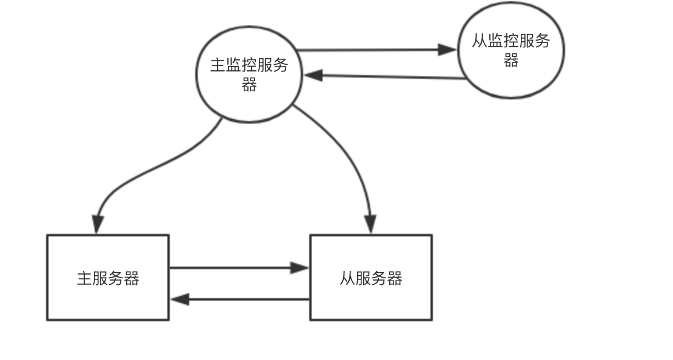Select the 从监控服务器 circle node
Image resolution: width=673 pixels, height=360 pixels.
click(511, 50)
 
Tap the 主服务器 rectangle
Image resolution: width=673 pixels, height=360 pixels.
click(108, 278)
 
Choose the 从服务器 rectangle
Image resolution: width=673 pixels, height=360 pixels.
click(371, 278)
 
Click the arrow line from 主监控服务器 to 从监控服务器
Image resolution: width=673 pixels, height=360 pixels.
click(370, 50)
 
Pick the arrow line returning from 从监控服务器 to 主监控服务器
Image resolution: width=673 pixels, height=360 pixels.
click(388, 77)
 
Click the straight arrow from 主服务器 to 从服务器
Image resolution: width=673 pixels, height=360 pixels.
click(236, 267)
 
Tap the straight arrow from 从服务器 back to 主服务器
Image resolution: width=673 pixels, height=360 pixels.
click(243, 299)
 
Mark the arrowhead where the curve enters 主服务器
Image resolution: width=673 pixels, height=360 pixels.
click(97, 224)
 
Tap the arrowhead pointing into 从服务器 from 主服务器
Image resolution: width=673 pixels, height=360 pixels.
click(300, 267)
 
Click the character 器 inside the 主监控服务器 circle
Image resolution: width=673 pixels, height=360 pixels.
click(249, 85)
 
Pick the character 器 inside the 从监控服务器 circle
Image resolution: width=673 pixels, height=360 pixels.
click(511, 61)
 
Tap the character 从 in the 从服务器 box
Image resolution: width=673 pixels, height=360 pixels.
click(347, 278)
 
